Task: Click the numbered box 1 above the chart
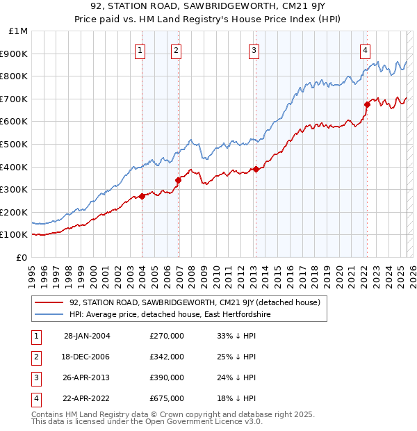click(x=140, y=50)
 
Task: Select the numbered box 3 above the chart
click(x=254, y=50)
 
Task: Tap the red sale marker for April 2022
click(x=367, y=104)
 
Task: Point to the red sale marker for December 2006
click(x=178, y=180)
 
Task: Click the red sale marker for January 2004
click(x=142, y=196)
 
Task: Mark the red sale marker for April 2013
click(x=256, y=169)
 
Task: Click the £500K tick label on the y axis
click(x=15, y=144)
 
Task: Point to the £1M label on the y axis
click(x=18, y=31)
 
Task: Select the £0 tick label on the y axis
click(x=21, y=257)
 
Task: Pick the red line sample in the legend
click(x=49, y=303)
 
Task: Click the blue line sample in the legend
click(x=49, y=315)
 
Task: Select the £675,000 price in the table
click(x=167, y=398)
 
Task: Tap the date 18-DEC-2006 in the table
click(x=86, y=357)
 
